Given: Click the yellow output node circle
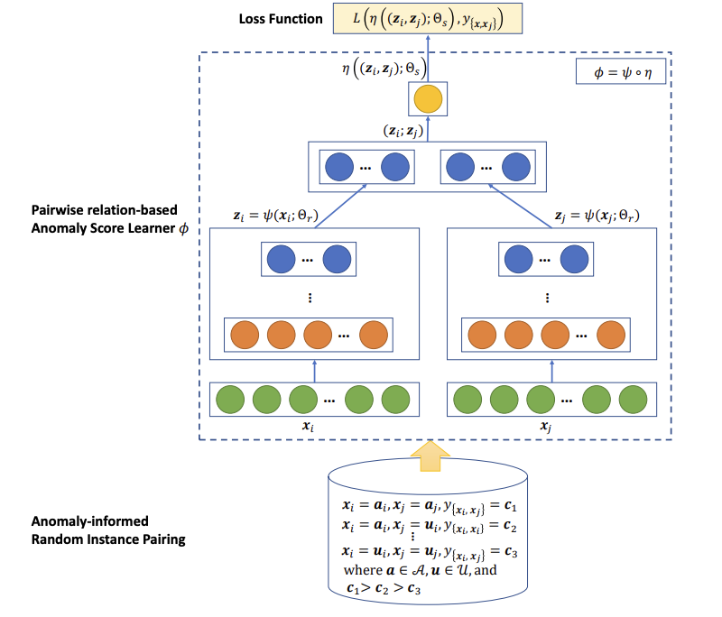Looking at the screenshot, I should (x=428, y=98).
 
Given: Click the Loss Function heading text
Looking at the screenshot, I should (x=281, y=18).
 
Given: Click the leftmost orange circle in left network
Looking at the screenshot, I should (x=245, y=335).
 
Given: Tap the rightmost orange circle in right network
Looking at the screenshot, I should (x=611, y=335).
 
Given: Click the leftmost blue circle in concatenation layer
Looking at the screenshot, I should (x=338, y=167).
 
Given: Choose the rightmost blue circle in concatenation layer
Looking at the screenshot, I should (x=517, y=167).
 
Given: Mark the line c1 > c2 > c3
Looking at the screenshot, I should (x=384, y=588).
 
